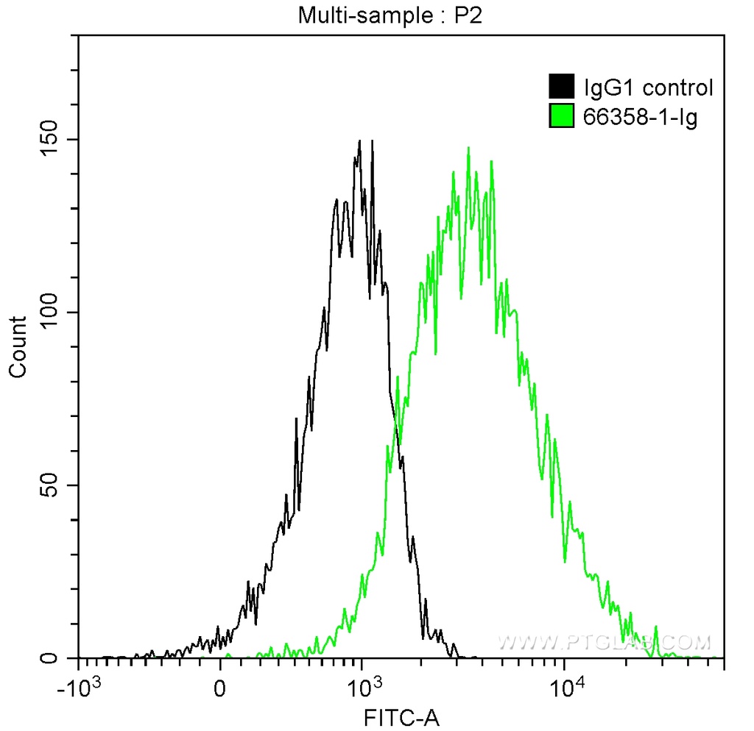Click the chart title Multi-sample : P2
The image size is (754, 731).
[x=390, y=15]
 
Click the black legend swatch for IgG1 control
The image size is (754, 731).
[x=561, y=88]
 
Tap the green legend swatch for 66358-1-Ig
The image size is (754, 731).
[x=561, y=115]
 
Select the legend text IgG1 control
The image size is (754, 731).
[x=648, y=88]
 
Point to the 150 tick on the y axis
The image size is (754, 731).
[x=51, y=140]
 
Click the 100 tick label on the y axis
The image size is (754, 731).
[x=51, y=313]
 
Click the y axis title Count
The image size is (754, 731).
[x=18, y=346]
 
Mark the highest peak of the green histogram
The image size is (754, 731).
[x=468, y=148]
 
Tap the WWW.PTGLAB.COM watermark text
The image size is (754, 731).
[x=604, y=643]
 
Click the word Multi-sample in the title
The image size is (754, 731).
[x=347, y=15]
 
